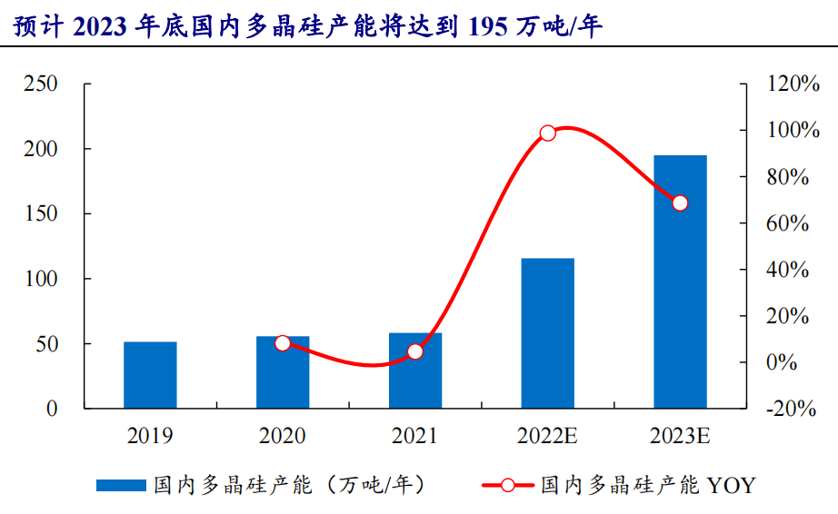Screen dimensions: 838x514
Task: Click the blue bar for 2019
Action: coord(150,375)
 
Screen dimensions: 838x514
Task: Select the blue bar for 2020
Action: coord(283,372)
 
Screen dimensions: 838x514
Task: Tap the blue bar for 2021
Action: coord(415,371)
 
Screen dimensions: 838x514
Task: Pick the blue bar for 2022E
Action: coord(548,333)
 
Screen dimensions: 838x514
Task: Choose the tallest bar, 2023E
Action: coord(681,282)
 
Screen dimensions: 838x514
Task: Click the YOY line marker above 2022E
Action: coord(548,133)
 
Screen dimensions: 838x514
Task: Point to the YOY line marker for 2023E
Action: coord(680,203)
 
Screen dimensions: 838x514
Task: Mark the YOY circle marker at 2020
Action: coord(283,343)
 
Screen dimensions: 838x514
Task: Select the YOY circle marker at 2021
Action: coord(415,351)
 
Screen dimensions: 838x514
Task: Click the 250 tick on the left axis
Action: coord(41,84)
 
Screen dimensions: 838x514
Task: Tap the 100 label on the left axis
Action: coord(41,279)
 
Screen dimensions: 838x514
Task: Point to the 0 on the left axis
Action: coord(52,409)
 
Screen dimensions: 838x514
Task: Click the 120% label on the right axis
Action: coord(793,84)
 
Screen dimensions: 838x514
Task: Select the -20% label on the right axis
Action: coord(791,409)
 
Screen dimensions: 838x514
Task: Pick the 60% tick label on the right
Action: coord(787,223)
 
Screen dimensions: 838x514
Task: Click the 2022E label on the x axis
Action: coord(547,436)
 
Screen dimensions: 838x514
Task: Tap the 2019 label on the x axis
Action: coord(150,436)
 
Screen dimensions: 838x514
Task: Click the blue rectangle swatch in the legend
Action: coord(121,485)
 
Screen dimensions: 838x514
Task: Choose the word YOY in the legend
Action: coord(731,486)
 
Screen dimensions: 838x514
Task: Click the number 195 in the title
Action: coord(487,26)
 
